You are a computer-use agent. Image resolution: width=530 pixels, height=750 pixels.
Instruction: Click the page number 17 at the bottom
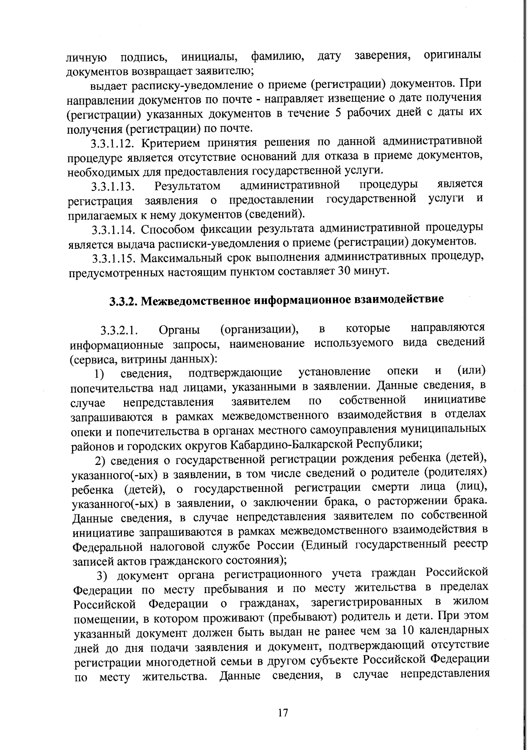pos(283,713)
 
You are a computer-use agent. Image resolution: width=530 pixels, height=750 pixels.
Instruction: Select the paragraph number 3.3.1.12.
pos(113,144)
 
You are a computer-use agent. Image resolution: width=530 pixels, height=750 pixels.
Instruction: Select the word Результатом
pos(187,186)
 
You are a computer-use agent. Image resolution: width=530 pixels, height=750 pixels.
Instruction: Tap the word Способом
pos(168,229)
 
